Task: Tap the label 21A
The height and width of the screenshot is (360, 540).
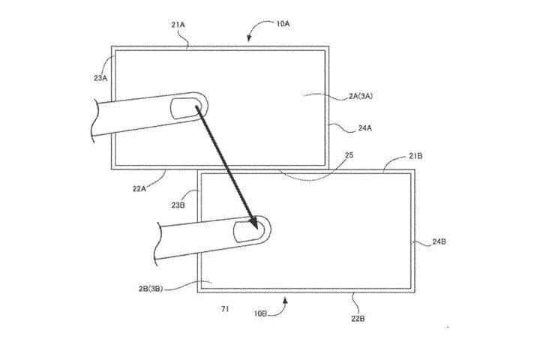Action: tap(178, 25)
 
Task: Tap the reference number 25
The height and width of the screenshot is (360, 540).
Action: tap(348, 155)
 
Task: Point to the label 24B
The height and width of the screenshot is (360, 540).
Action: tap(441, 241)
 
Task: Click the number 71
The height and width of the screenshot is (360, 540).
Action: tap(225, 308)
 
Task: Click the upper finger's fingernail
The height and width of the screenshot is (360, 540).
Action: tap(184, 106)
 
